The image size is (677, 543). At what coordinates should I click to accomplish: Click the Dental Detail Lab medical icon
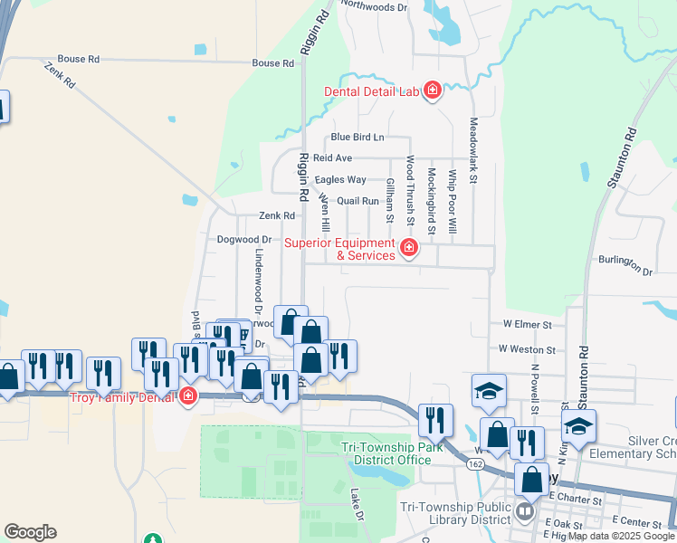coord(433,91)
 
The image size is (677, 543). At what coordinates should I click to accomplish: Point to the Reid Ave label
coord(332,157)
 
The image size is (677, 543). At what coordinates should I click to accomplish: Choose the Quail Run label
coord(358,201)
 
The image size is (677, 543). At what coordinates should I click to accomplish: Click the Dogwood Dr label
coord(244,240)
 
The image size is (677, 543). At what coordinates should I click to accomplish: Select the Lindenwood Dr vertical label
coord(258,277)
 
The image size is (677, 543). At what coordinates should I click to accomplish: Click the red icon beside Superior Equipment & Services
coord(409,247)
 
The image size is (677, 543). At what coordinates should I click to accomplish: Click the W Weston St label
coord(526,348)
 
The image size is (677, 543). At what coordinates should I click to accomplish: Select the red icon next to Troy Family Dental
coord(188,395)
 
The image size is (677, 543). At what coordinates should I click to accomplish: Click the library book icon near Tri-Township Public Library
coord(525,513)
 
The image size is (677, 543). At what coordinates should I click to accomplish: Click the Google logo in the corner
coord(30,532)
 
